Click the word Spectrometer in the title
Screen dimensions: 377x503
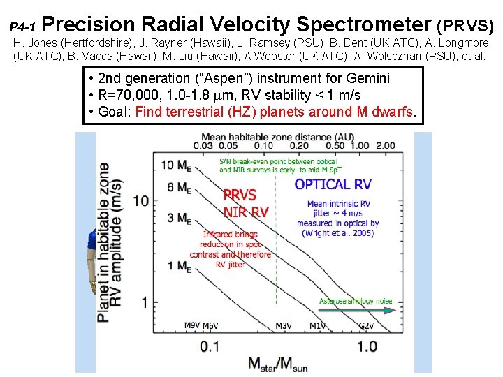coord(363,24)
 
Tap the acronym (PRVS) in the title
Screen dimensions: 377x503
coord(465,26)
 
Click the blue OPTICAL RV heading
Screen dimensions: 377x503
coord(333,184)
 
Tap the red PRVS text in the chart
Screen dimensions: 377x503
coord(240,195)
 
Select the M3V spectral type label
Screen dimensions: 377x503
coord(283,325)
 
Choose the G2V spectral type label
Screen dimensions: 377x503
coord(366,325)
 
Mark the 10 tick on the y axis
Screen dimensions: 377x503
coord(141,200)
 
